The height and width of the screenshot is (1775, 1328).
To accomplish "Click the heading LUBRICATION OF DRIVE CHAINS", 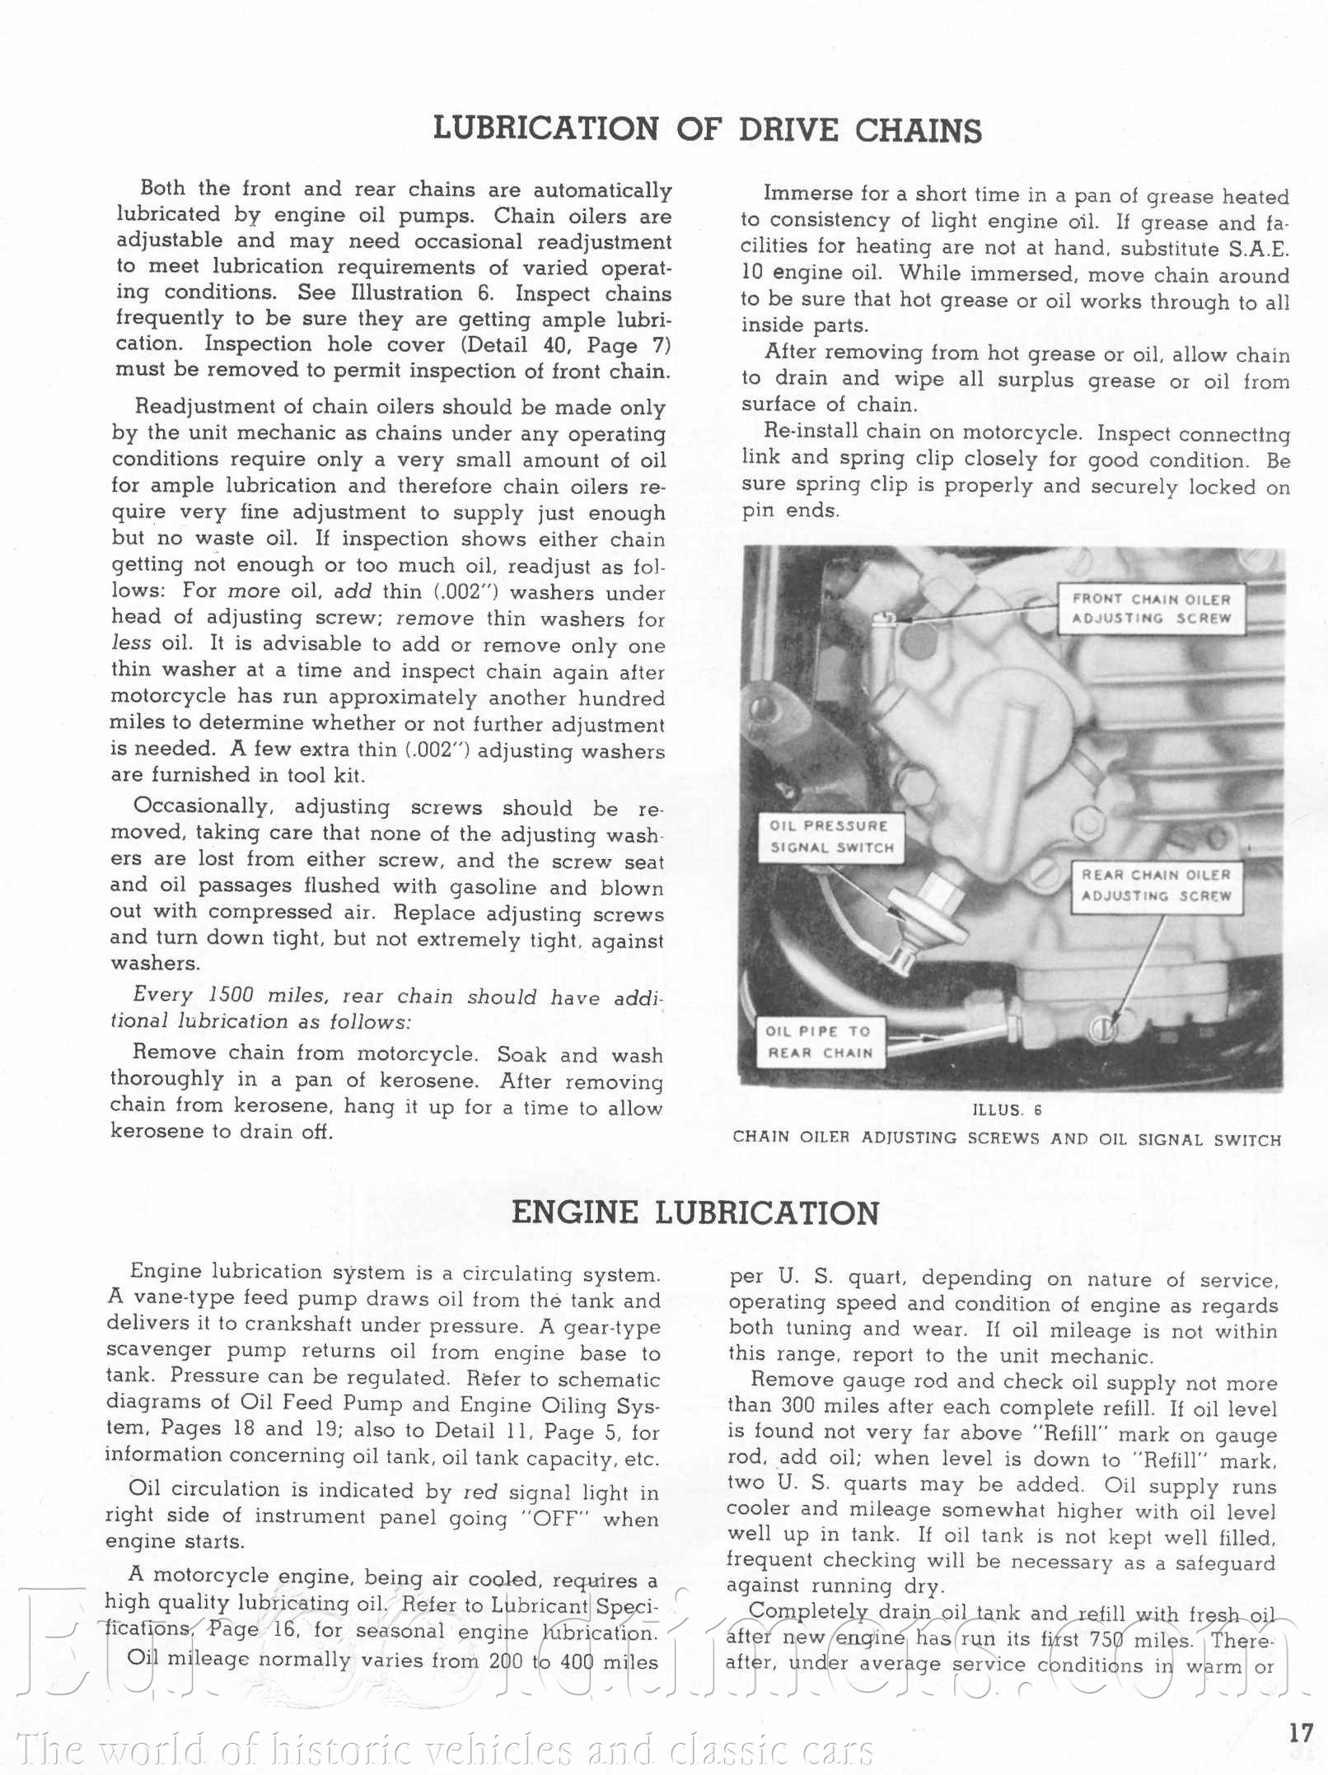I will [x=707, y=130].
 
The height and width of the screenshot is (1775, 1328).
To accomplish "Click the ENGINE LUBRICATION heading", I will [x=695, y=1213].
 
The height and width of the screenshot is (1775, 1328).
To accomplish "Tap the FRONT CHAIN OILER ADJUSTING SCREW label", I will [x=1150, y=609].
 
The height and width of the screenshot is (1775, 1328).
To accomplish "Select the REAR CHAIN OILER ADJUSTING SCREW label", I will [x=1155, y=885].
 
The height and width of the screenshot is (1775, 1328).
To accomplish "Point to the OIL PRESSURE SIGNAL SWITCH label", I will [x=830, y=836].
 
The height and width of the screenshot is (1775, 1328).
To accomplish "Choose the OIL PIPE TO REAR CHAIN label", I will [x=819, y=1042].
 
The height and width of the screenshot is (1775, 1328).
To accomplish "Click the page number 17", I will [x=1301, y=1732].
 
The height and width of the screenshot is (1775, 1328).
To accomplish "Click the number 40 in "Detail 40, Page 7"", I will [x=554, y=345].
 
